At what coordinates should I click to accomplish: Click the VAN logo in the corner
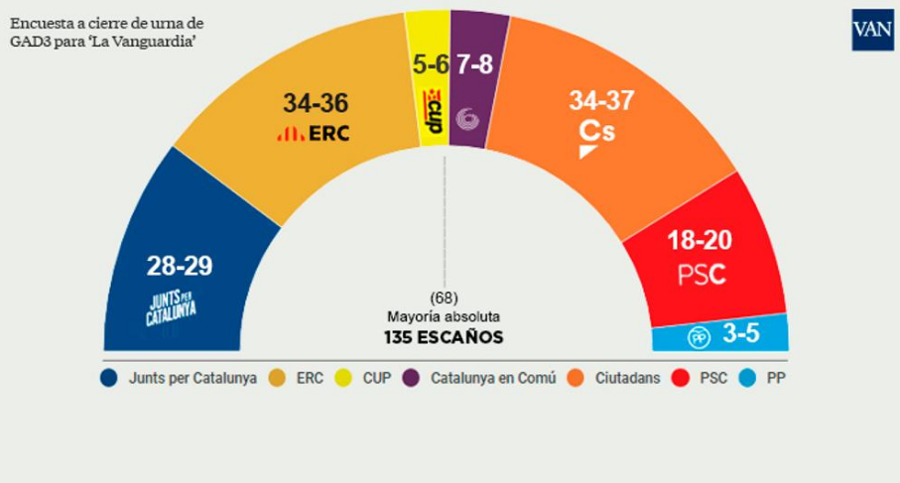(x=872, y=29)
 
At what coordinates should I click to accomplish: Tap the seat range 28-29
(x=179, y=266)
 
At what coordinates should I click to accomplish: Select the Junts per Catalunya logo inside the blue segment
(x=171, y=307)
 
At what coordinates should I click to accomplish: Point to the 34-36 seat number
(x=316, y=103)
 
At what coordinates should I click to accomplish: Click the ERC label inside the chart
(x=314, y=134)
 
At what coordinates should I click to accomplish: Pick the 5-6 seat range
(x=431, y=64)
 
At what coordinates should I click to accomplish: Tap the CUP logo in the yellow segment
(x=434, y=111)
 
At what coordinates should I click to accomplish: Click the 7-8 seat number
(x=474, y=64)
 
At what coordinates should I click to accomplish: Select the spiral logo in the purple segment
(x=467, y=119)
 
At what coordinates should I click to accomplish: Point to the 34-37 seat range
(x=601, y=100)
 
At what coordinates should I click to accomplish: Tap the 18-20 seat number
(x=700, y=240)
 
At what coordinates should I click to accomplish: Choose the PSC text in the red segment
(x=702, y=275)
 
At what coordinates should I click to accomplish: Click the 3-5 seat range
(x=741, y=333)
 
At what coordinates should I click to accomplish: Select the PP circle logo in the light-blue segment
(x=699, y=337)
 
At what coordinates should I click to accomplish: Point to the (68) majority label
(x=444, y=298)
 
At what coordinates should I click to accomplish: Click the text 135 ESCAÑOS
(x=444, y=337)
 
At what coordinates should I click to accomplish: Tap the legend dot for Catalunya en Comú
(x=411, y=378)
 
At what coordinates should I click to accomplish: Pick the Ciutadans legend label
(x=627, y=378)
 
